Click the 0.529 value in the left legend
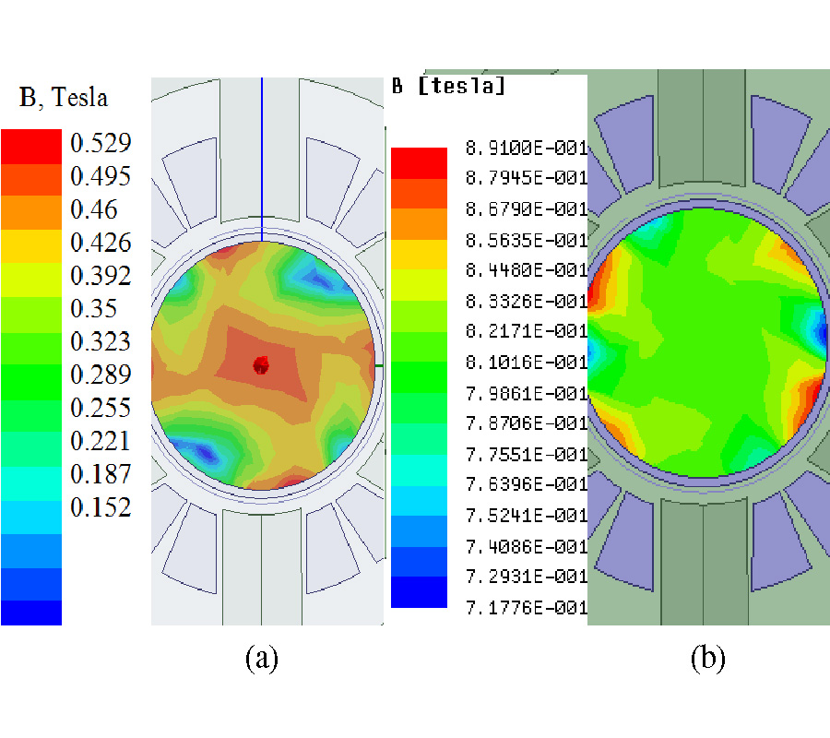101,143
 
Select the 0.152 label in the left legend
101,507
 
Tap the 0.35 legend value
94,308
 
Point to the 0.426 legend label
101,243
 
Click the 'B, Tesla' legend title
64,96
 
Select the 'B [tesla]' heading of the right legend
448,87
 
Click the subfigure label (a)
262,658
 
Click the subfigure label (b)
707,658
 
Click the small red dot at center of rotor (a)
261,365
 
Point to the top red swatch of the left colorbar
31,146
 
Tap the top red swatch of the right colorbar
419,162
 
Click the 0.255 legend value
101,408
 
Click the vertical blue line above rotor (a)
262,157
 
